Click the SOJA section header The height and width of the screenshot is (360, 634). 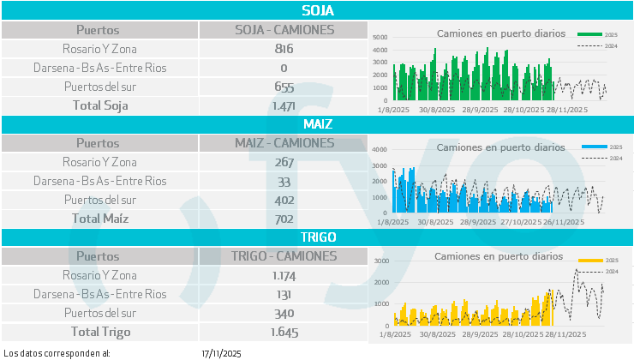317,11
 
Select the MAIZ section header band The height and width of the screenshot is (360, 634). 317,123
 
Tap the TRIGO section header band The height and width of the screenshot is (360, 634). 317,237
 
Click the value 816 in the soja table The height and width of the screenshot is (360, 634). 284,49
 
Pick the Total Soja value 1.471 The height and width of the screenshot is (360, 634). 284,105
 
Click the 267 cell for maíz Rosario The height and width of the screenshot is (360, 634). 284,162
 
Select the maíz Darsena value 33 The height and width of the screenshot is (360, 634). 284,181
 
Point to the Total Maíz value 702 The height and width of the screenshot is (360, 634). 284,219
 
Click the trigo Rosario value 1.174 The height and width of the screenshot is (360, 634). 284,275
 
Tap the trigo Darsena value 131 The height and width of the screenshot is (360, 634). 284,294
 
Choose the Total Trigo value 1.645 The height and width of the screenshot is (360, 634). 284,331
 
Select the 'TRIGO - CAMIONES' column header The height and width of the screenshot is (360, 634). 284,255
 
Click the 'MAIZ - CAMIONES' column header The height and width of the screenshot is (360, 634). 284,142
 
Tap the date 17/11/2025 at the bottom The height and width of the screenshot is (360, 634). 222,353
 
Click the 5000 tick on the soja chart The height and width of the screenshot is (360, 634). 380,38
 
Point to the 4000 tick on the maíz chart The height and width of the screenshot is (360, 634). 380,150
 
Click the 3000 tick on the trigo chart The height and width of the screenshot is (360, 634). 382,261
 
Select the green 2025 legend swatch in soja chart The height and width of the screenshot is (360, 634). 589,34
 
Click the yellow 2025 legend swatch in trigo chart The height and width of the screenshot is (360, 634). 589,259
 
